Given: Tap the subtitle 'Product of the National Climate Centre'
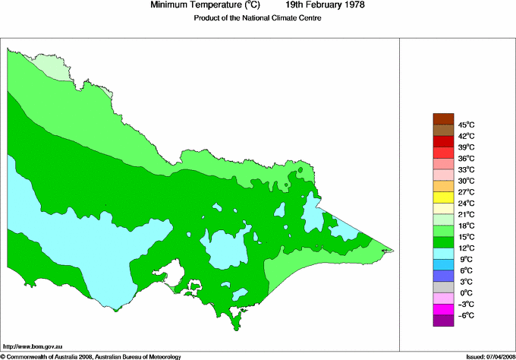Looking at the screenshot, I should pos(258,19).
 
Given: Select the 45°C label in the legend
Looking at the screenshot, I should pos(465,125).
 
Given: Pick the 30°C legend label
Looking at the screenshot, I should pos(465,181).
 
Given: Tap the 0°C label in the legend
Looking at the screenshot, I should pos(465,292).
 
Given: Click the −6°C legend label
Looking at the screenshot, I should pos(465,315).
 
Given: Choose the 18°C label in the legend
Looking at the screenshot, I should pos(465,226).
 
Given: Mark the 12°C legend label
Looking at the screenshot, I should pos(465,248).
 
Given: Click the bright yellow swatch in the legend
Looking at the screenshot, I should pos(442,197).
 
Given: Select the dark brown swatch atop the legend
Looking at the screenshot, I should pos(442,118).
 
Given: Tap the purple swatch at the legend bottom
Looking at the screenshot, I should pos(442,321).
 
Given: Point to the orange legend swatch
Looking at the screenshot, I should pos(442,186).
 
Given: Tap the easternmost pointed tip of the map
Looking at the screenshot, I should pos(392,250).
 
